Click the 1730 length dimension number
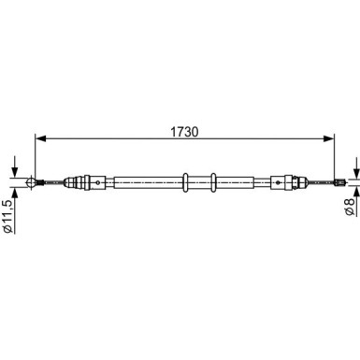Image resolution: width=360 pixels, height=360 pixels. (184, 132)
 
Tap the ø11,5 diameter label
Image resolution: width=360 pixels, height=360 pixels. (7, 216)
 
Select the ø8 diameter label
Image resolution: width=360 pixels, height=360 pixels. (350, 207)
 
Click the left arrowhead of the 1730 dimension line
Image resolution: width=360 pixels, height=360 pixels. (40, 138)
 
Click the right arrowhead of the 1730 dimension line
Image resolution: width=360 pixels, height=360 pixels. (328, 138)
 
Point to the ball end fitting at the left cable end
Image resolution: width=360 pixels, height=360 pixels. (32, 182)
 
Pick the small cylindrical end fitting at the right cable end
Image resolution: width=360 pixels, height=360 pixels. (339, 182)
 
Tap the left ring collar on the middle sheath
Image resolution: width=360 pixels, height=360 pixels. (185, 182)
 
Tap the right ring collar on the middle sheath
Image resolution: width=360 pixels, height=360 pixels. (213, 182)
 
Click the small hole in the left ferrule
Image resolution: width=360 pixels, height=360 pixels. (98, 182)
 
